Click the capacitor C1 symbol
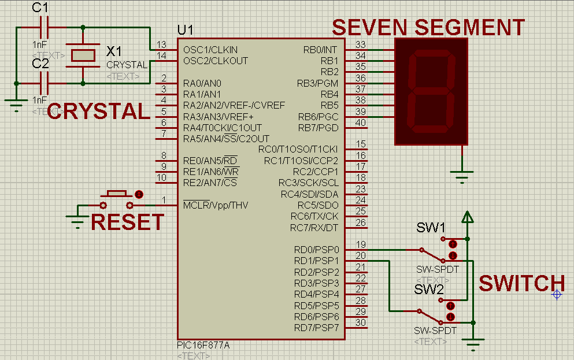click(44, 27)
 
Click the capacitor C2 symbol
click(44, 83)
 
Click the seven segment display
click(431, 91)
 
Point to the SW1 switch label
click(431, 228)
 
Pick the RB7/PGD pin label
click(318, 127)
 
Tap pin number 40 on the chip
click(361, 123)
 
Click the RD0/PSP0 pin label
click(316, 250)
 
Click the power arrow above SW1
click(468, 217)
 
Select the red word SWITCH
click(521, 284)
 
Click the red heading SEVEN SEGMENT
click(428, 27)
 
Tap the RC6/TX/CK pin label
click(314, 216)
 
